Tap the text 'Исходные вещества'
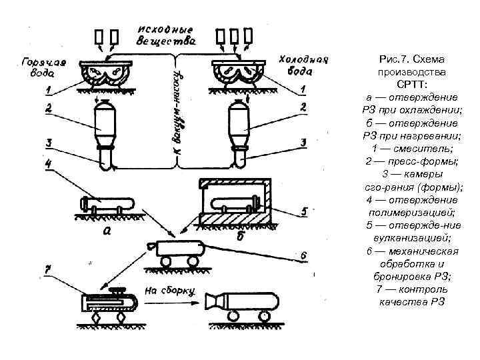point(167,35)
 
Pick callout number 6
point(303,255)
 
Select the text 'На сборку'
point(167,291)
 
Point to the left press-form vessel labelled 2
point(105,120)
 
